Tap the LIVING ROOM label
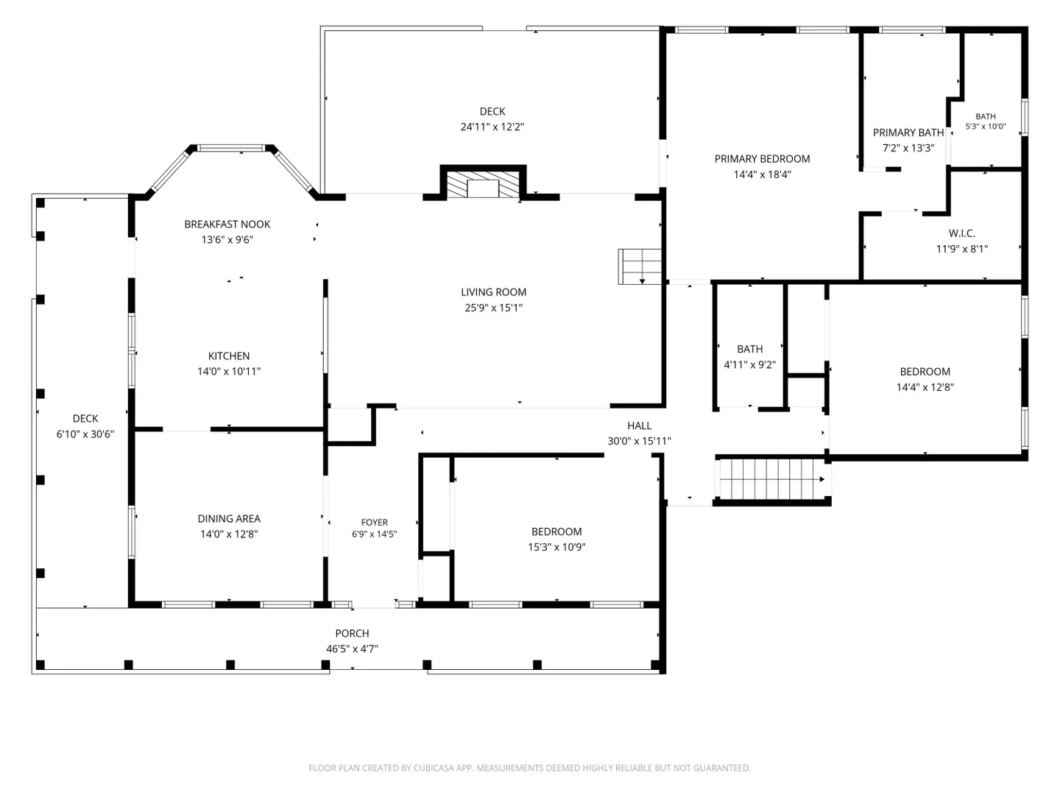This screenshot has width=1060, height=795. pyautogui.click(x=493, y=292)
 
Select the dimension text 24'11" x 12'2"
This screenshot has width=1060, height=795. pyautogui.click(x=492, y=127)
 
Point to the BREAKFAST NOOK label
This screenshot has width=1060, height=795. pyautogui.click(x=227, y=224)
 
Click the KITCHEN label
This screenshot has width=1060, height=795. pyautogui.click(x=228, y=356)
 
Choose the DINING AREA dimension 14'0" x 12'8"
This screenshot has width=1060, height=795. pyautogui.click(x=229, y=534)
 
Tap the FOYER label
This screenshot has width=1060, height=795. pyautogui.click(x=374, y=523)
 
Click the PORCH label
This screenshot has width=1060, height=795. pyautogui.click(x=352, y=633)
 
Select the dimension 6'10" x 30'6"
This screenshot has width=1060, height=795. pyautogui.click(x=85, y=434)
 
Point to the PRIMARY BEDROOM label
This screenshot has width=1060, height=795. pyautogui.click(x=762, y=159)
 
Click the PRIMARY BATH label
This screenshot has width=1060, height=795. pyautogui.click(x=908, y=132)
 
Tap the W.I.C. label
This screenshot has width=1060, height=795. pyautogui.click(x=961, y=233)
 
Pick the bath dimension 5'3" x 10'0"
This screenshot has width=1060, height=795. pyautogui.click(x=985, y=127)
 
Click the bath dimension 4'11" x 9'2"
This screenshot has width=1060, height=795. pyautogui.click(x=749, y=364)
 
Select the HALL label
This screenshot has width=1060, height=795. pyautogui.click(x=639, y=425)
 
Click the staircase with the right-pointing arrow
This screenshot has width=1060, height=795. pyautogui.click(x=772, y=478)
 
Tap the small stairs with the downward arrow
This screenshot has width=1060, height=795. pyautogui.click(x=640, y=266)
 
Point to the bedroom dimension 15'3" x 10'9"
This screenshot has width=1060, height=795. pyautogui.click(x=556, y=547)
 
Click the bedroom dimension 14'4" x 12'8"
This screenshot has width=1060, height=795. pyautogui.click(x=925, y=387)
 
